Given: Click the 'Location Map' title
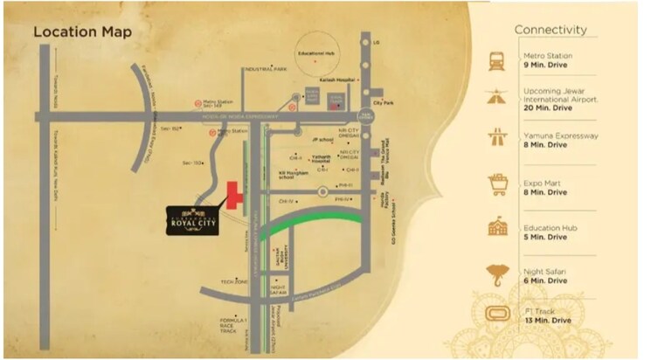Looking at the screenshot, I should [83, 32].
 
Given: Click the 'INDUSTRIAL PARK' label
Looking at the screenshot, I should [267, 68].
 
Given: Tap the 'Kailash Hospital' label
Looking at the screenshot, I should [337, 80].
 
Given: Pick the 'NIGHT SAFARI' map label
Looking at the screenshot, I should [280, 289].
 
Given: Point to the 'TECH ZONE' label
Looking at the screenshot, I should [233, 281].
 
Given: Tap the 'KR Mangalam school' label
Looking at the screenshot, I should [294, 174].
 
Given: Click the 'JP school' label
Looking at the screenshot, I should [322, 138].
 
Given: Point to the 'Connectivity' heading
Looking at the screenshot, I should [550, 30].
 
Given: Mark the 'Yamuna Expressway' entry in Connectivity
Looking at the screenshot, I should [560, 136].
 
